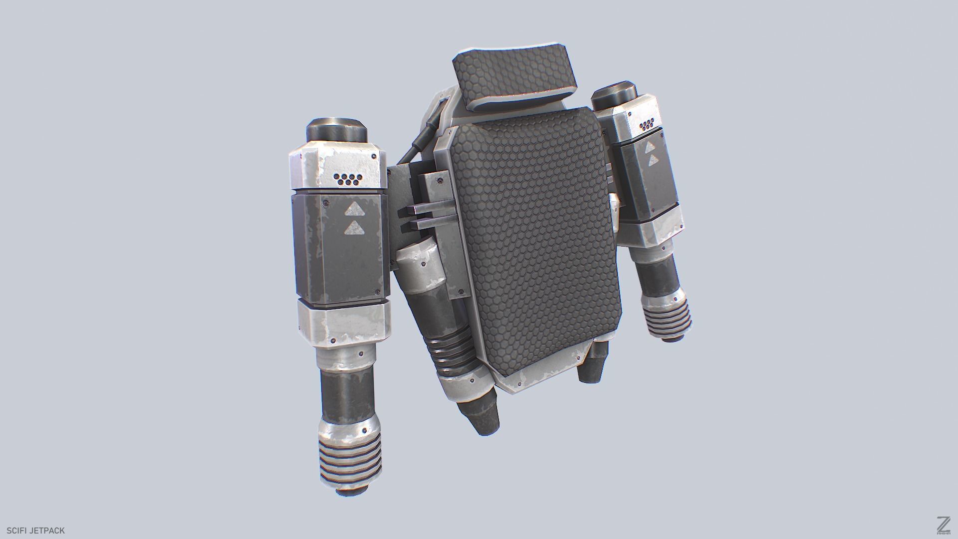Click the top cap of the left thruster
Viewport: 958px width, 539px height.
337,131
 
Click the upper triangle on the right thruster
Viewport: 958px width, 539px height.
650,147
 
